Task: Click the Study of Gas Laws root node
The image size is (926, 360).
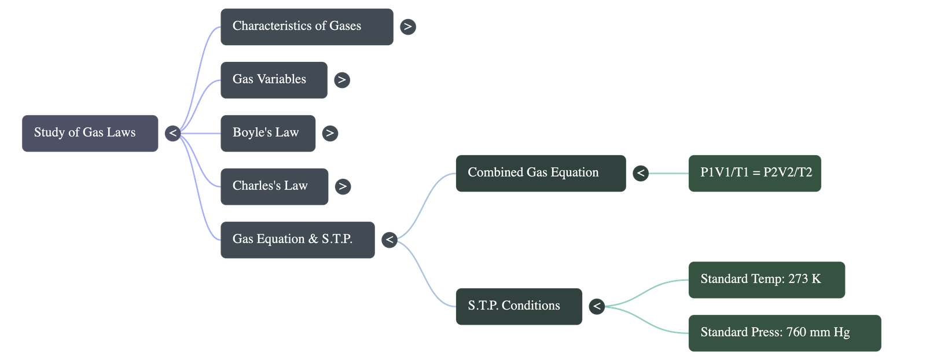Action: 90,133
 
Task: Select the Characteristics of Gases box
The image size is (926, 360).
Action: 307,27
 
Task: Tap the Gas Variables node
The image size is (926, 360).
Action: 274,80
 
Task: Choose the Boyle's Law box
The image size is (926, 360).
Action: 268,133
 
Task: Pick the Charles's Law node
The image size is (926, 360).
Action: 274,186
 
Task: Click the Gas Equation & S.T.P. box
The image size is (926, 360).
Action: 297,240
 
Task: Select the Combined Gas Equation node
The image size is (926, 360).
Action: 541,173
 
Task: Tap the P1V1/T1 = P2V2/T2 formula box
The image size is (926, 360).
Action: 754,173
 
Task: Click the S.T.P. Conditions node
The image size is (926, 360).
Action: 519,306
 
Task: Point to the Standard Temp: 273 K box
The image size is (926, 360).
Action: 766,280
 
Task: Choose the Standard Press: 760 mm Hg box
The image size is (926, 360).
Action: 784,333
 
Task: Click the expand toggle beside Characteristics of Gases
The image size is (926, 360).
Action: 408,27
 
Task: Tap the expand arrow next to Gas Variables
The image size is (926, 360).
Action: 341,80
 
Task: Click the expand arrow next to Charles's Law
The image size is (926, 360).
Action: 343,186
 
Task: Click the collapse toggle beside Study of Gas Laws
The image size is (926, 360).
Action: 172,134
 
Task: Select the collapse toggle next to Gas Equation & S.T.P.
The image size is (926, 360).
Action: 389,240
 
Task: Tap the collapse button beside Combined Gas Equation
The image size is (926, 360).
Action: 640,173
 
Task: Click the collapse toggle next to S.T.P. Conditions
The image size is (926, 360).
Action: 597,306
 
